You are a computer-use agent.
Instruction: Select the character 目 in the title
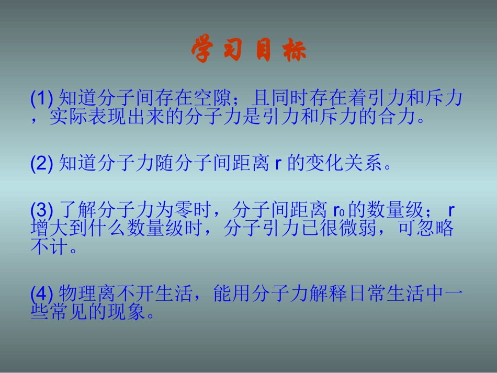264,51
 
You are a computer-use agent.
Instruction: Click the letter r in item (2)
278,165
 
